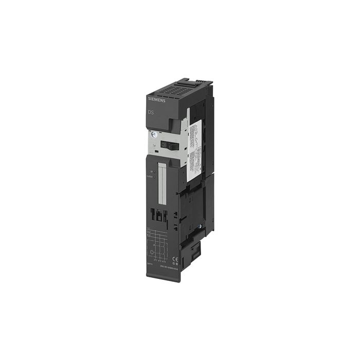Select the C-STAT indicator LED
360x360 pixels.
[x=153, y=177]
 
